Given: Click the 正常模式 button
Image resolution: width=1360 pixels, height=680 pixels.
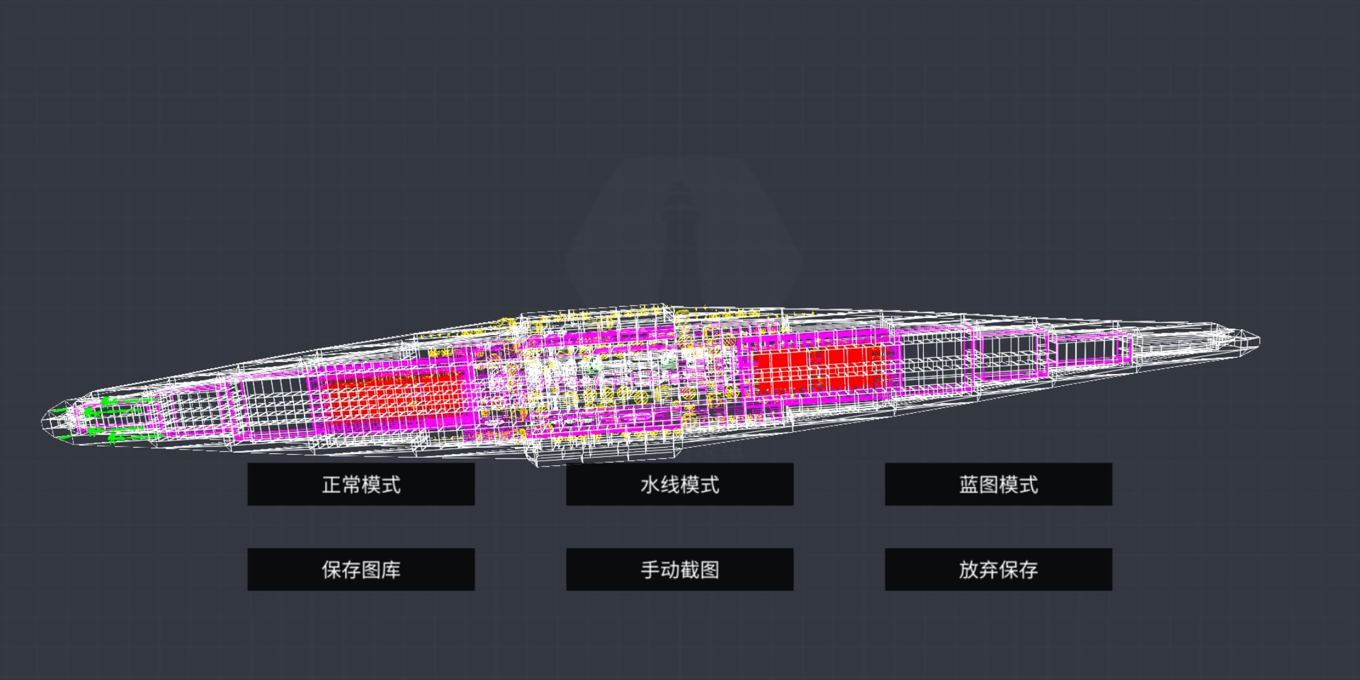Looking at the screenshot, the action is click(x=361, y=484).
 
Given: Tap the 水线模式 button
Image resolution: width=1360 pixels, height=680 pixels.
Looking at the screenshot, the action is click(x=679, y=484).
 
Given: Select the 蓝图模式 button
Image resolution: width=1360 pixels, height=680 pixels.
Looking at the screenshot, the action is click(x=999, y=484).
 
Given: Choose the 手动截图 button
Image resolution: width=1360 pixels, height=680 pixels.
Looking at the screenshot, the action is click(x=679, y=569).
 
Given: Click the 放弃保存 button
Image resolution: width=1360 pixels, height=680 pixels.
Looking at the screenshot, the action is click(x=999, y=569).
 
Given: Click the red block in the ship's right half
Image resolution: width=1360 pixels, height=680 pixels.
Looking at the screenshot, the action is click(x=819, y=369).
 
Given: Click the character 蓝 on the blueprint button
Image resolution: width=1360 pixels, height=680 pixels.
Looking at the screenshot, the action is click(x=969, y=485).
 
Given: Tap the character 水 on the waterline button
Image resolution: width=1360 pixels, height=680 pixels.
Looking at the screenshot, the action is click(x=650, y=485).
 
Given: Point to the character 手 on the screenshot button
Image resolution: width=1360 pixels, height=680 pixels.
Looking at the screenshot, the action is click(x=650, y=570).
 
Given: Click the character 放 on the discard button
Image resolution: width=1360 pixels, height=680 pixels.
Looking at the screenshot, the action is click(x=969, y=570).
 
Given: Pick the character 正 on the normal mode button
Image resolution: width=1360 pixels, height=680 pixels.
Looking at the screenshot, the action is click(x=332, y=485).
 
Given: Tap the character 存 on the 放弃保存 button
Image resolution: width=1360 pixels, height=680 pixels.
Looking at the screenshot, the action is click(x=1028, y=570).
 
